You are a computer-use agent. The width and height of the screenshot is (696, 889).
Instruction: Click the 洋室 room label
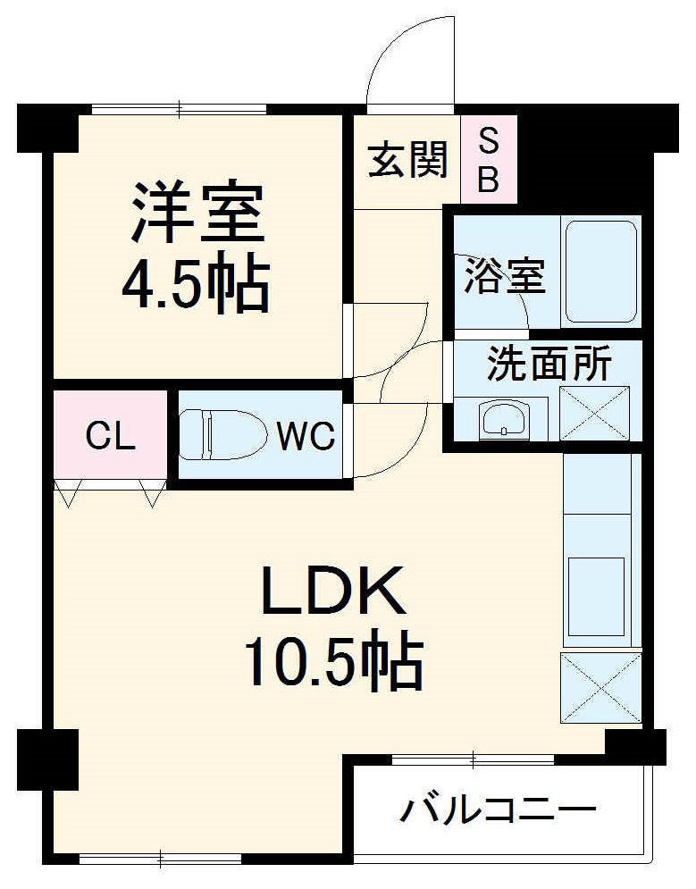pyautogui.click(x=197, y=212)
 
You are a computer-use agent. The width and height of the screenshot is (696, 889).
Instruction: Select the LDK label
pyautogui.click(x=333, y=592)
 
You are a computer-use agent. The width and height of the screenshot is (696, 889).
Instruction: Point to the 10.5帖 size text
pyautogui.click(x=333, y=663)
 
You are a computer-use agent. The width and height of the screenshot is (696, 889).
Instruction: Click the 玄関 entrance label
pyautogui.click(x=407, y=162)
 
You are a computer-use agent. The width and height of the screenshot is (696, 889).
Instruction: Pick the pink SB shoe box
pyautogui.click(x=488, y=159)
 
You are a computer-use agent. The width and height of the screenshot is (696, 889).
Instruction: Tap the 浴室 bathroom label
pyautogui.click(x=503, y=276)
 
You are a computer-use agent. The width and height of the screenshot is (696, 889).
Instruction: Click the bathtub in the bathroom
pyautogui.click(x=601, y=270)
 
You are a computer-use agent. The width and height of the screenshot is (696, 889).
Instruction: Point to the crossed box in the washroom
pyautogui.click(x=594, y=413)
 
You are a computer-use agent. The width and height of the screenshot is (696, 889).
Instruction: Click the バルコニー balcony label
pyautogui.click(x=497, y=811)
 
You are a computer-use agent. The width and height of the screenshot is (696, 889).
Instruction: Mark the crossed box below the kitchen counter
pyautogui.click(x=600, y=687)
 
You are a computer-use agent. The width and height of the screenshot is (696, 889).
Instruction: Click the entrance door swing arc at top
pyautogui.click(x=407, y=63)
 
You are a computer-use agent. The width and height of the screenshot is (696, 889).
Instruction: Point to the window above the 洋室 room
pyautogui.click(x=179, y=110)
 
